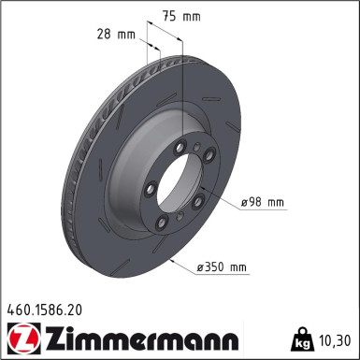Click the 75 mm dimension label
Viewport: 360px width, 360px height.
(x=181, y=17)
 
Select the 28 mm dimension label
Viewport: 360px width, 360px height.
(x=116, y=34)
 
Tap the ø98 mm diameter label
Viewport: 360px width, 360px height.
(x=263, y=203)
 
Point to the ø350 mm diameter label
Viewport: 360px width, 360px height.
(x=222, y=267)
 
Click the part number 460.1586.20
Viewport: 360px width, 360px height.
(x=45, y=310)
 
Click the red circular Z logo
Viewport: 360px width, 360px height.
(x=23, y=338)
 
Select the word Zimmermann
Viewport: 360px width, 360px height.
(x=142, y=338)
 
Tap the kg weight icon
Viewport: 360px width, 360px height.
(x=302, y=339)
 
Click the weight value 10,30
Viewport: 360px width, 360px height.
(x=335, y=340)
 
